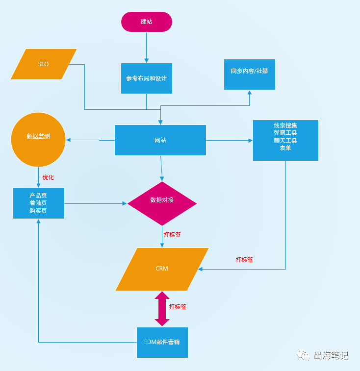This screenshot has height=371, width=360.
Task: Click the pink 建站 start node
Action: tap(147, 22)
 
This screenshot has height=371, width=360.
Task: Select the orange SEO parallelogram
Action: tap(44, 64)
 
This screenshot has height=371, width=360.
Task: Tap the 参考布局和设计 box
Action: tap(147, 78)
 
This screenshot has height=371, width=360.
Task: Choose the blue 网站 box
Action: tap(160, 140)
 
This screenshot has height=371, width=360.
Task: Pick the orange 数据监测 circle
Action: tap(38, 140)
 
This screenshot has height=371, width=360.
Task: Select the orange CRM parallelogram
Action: tap(162, 269)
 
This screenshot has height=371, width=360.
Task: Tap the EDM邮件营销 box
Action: tap(162, 342)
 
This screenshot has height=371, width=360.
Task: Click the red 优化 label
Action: tap(48, 177)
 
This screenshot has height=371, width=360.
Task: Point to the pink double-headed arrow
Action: tap(162, 309)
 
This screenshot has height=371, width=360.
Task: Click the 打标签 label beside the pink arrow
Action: tap(178, 307)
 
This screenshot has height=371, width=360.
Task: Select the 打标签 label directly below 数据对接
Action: tap(172, 235)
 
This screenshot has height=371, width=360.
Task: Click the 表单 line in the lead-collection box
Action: tap(285, 148)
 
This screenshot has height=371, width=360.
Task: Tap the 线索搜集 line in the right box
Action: tap(285, 125)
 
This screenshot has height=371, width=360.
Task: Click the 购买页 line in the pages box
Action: tap(38, 211)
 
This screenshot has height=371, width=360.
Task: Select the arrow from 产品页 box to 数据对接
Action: tap(96, 203)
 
